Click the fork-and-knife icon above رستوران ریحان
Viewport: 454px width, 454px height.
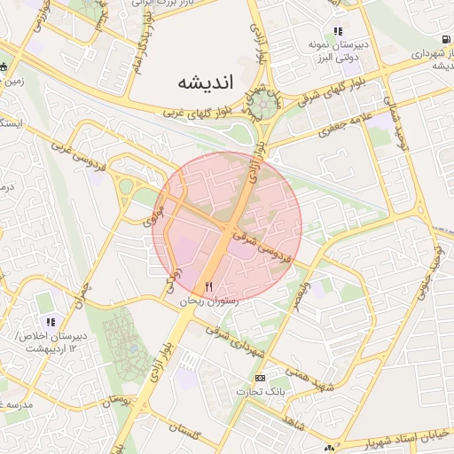[209, 286]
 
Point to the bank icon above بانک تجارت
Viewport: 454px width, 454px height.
[259, 378]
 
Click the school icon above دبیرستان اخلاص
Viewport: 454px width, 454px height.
[51, 321]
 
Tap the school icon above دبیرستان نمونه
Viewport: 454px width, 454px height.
[337, 31]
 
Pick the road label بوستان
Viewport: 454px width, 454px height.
[117, 400]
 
